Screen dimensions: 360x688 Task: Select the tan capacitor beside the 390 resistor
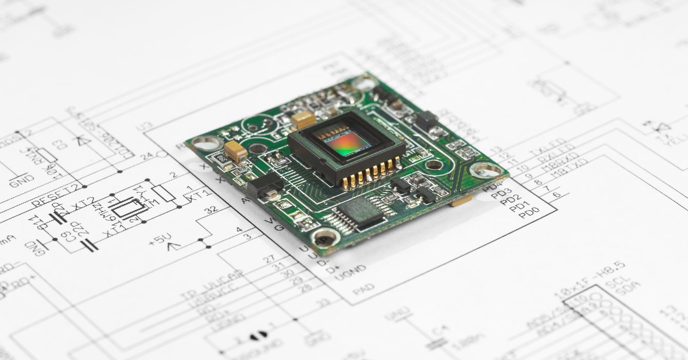235,151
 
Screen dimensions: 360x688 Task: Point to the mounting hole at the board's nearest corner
326,237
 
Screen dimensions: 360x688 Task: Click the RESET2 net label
56,196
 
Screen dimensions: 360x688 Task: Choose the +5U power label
160,239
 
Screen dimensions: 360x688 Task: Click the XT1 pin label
198,194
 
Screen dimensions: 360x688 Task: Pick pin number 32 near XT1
210,210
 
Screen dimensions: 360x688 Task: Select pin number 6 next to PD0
557,196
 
